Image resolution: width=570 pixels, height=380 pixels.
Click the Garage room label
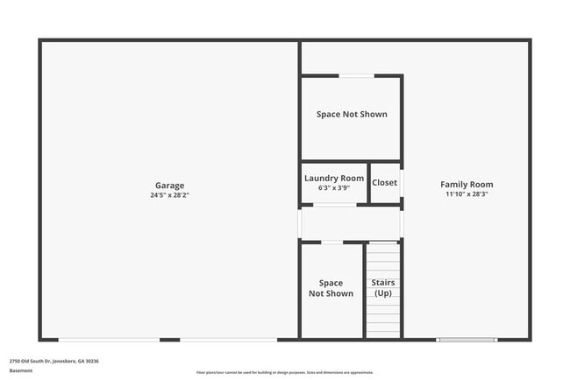169,186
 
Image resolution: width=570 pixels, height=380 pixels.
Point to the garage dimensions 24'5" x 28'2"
169,195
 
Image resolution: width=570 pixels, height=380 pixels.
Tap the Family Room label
467,185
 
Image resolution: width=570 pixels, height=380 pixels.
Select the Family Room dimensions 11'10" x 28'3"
467,194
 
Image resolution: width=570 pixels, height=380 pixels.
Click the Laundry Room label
334,179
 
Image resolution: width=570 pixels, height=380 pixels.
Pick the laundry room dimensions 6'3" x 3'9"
334,187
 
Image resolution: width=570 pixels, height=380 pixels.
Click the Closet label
384,183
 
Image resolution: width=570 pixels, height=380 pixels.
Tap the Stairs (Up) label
383,288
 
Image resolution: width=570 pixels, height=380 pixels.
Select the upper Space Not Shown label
352,114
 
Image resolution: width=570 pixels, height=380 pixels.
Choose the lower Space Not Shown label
331,288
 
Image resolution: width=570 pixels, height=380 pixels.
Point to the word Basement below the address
21,370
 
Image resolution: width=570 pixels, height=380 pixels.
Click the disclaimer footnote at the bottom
285,372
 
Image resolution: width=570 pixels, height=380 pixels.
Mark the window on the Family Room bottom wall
467,339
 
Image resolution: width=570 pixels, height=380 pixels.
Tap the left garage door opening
109,339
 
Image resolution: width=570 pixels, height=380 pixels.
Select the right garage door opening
228,339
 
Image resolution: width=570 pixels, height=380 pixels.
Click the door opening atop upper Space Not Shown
356,76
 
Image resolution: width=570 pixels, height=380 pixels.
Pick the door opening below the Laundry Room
334,206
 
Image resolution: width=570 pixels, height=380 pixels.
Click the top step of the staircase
383,247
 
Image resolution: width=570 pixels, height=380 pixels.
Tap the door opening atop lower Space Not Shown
332,243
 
